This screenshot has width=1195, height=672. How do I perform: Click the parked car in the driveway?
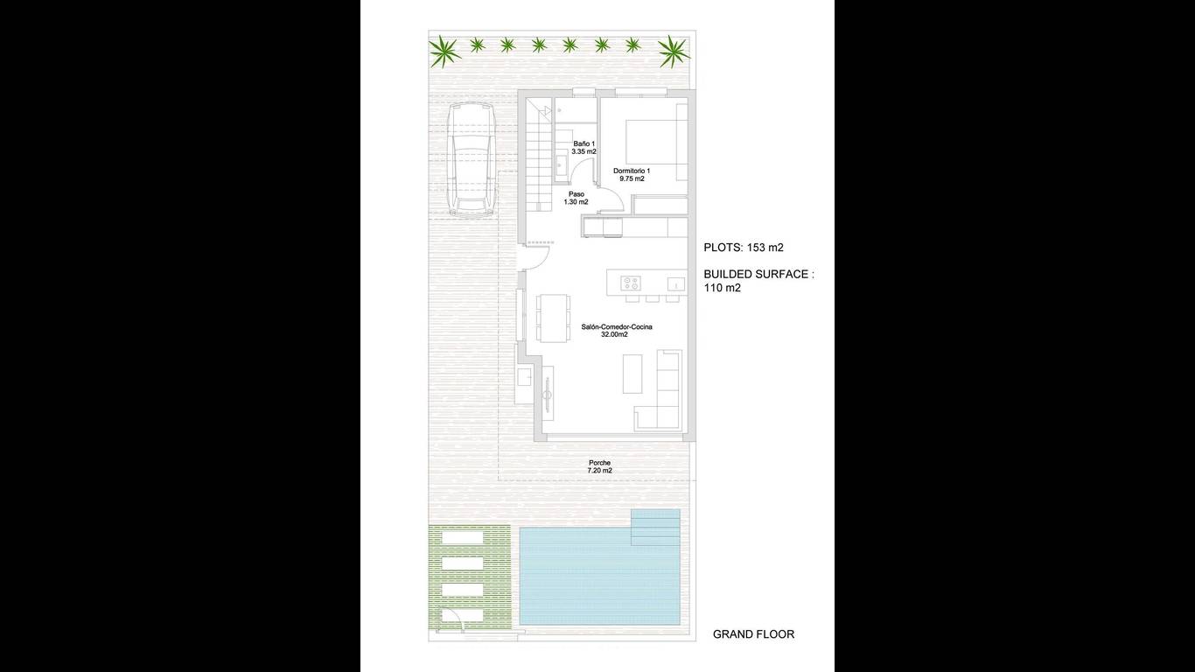pos(472,159)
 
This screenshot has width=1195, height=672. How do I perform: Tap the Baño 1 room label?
pos(584,147)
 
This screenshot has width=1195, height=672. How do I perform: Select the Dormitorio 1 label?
pos(632,174)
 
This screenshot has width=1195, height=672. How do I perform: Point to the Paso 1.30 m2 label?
pos(577,198)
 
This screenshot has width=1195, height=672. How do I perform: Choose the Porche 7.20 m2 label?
pos(599,466)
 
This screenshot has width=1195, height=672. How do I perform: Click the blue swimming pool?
pos(599,576)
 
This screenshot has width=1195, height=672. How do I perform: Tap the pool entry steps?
pos(655,527)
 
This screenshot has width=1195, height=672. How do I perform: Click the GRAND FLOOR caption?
pos(753,634)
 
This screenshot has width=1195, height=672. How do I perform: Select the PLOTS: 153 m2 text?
pos(743,247)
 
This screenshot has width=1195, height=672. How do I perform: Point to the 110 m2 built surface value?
pos(722,288)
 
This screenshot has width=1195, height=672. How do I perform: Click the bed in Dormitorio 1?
pos(656,142)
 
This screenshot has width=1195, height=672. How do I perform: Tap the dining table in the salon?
pos(553,318)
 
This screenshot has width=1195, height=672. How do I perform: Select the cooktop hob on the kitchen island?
pos(631,283)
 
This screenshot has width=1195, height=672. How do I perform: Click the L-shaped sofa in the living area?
pos(658,390)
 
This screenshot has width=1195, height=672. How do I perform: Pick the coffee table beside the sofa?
pos(632,374)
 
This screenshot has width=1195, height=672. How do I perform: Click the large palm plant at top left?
pos(444,52)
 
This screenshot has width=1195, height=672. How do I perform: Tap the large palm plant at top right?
pos(674,52)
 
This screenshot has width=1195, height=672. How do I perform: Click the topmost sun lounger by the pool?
pos(463,537)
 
